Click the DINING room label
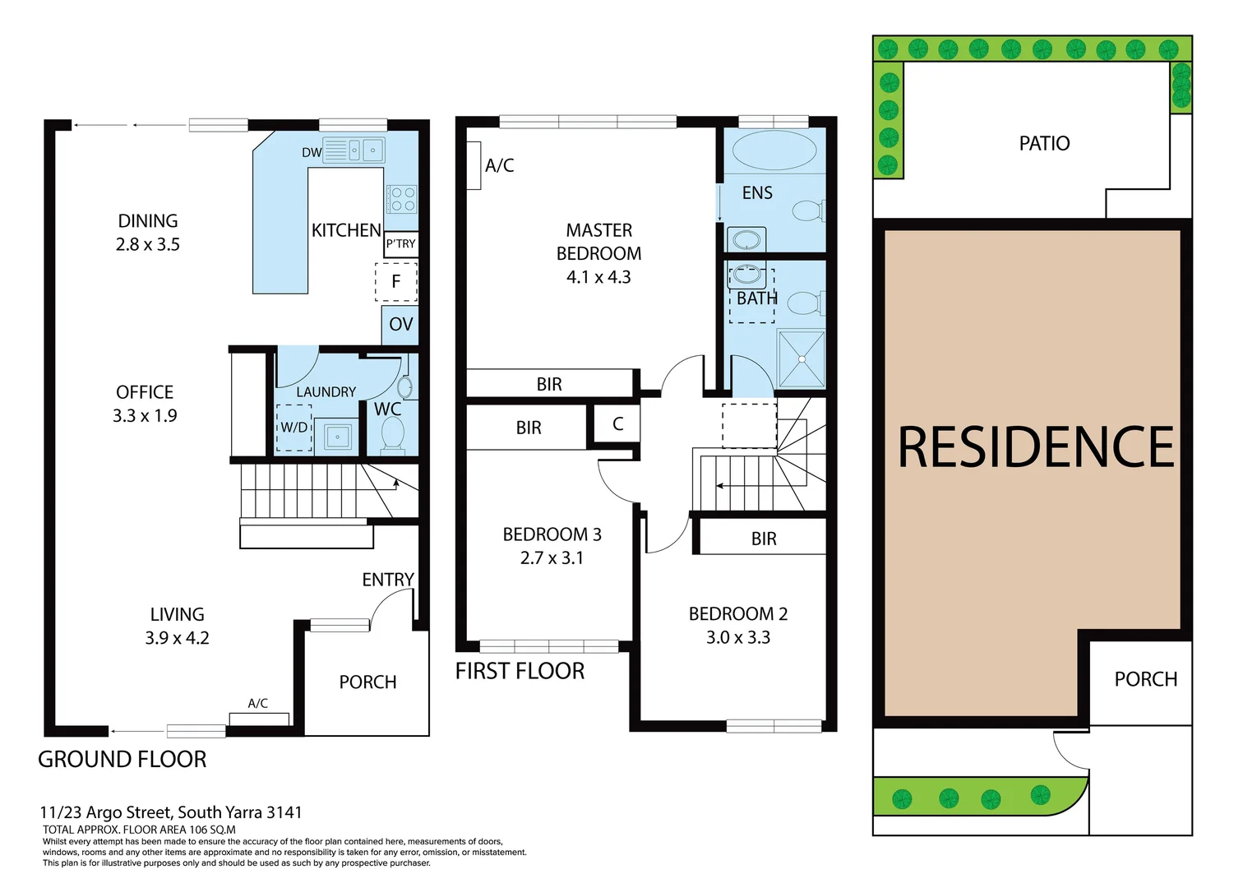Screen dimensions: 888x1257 pyautogui.click(x=148, y=221)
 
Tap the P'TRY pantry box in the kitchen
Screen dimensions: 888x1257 pyautogui.click(x=400, y=243)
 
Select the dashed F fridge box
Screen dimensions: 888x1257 pyautogui.click(x=396, y=281)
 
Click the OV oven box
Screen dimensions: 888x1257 pyautogui.click(x=400, y=325)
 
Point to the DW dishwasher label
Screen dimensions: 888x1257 pyautogui.click(x=312, y=152)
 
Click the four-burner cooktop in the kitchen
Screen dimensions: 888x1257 pyautogui.click(x=402, y=199)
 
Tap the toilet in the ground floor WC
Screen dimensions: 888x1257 pyautogui.click(x=393, y=433)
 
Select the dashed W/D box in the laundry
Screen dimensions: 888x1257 pyautogui.click(x=294, y=428)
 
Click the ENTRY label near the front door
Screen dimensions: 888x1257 pyautogui.click(x=388, y=580)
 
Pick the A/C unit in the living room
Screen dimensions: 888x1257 pyautogui.click(x=259, y=719)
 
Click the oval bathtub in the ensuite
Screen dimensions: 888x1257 pyautogui.click(x=774, y=150)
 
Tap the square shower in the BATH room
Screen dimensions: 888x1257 pyautogui.click(x=802, y=358)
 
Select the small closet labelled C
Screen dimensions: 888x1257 pyautogui.click(x=617, y=424)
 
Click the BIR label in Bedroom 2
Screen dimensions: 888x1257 pyautogui.click(x=764, y=539)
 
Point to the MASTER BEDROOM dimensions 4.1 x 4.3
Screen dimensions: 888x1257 pyautogui.click(x=598, y=277)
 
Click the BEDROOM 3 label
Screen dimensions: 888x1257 pyautogui.click(x=552, y=534)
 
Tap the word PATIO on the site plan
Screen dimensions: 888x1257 pyautogui.click(x=1044, y=144)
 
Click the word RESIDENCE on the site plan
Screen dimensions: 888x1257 pyautogui.click(x=1035, y=447)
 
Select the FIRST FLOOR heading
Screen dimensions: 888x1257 pyautogui.click(x=520, y=672)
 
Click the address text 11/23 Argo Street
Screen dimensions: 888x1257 pyautogui.click(x=171, y=812)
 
